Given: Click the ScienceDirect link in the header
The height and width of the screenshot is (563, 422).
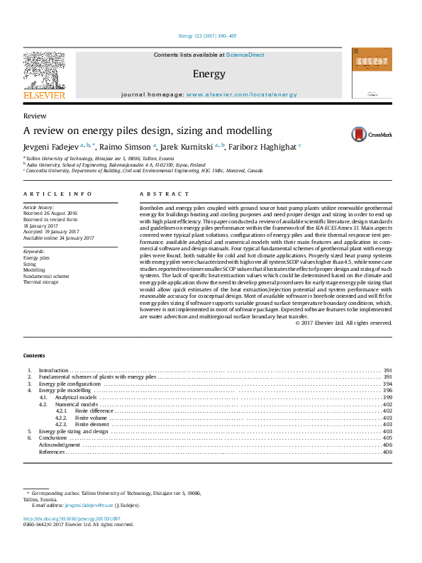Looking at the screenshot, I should tap(245, 54).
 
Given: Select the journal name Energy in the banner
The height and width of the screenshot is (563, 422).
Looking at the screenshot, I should tap(209, 74).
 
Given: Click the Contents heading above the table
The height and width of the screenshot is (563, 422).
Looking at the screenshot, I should tap(33, 355).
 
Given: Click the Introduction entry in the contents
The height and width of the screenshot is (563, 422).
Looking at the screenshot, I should tap(53, 371).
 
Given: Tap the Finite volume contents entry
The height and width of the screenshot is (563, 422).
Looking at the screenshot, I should tap(91, 418).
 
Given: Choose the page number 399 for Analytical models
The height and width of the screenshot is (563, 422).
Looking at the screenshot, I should tap(387, 398).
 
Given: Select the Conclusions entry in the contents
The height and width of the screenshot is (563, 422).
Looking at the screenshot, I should tap(52, 438).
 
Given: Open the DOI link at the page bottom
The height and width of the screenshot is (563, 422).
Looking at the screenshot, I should tap(67, 518).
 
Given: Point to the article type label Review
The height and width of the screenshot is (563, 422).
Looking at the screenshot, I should tap(35, 116).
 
